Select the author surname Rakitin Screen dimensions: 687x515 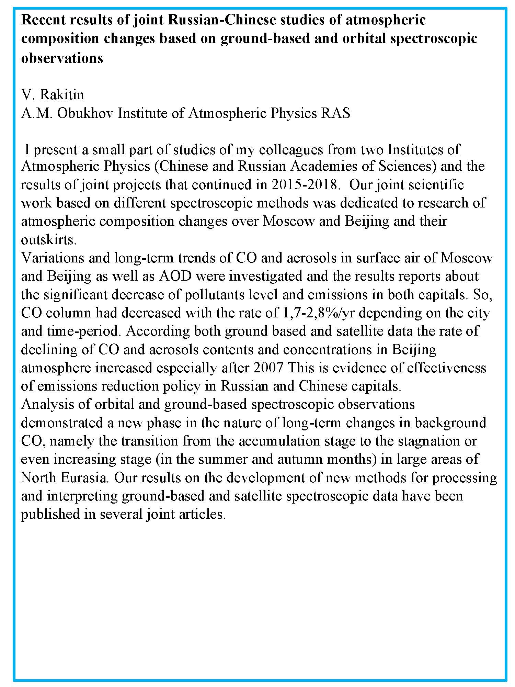[62, 94]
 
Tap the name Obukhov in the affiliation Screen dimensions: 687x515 [85, 113]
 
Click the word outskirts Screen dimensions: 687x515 [48, 240]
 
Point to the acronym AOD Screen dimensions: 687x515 [175, 276]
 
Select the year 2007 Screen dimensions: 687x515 [268, 368]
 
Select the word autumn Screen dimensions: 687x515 [300, 459]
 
